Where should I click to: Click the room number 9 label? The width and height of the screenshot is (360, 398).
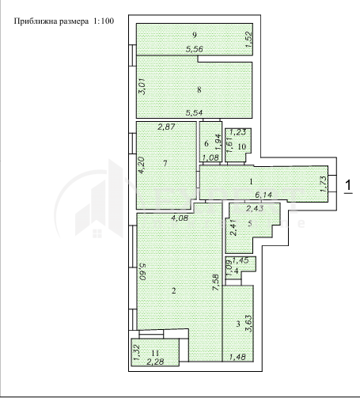tap(195, 35)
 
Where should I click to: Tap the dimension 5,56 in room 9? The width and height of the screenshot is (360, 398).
tap(195, 49)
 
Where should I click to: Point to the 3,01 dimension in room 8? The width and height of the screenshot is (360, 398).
tap(142, 88)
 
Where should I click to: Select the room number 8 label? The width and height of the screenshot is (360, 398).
tap(199, 89)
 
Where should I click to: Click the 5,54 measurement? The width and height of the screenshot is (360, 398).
tap(195, 113)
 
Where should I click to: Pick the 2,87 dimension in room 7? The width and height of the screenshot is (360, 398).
tap(166, 127)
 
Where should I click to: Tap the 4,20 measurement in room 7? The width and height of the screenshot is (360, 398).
tap(142, 165)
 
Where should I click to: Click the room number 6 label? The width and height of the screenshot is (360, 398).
tap(207, 143)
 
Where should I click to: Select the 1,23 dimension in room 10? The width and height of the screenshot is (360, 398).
tap(238, 132)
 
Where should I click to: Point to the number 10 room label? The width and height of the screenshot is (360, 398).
tap(242, 146)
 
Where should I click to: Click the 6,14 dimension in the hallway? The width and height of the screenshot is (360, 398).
tap(263, 195)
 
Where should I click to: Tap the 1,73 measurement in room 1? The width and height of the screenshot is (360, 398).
tap(324, 184)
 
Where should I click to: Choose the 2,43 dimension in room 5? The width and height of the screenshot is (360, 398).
tap(255, 209)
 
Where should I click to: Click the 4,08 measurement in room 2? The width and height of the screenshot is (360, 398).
tap(180, 218)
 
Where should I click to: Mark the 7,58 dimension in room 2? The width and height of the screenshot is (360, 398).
tap(216, 282)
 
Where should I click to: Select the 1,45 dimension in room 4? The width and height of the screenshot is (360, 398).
tap(241, 260)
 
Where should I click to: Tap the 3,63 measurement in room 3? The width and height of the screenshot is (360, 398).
tap(249, 324)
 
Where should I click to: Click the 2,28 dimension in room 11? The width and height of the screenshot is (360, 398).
tap(155, 362)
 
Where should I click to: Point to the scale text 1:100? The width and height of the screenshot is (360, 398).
tap(104, 21)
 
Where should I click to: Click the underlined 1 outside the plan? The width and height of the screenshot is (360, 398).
tap(348, 186)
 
